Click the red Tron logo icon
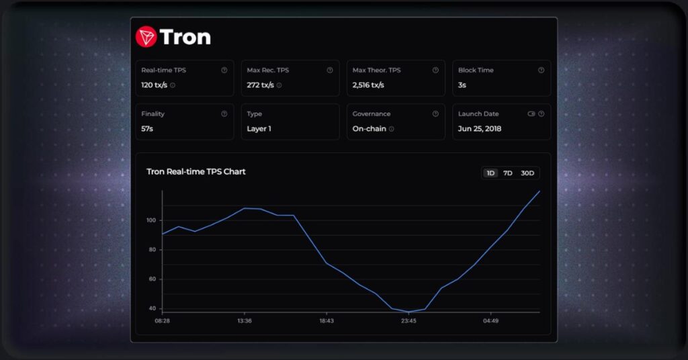tap(146, 37)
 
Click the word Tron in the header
tap(185, 37)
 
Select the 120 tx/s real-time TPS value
tap(155, 85)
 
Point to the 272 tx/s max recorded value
tap(261, 85)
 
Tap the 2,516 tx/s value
tap(368, 85)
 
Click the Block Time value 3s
tap(462, 85)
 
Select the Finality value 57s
tap(147, 128)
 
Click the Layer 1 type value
tap(259, 128)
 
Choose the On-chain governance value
tap(370, 128)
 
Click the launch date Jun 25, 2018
tap(480, 128)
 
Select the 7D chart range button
tap(508, 173)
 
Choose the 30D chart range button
tap(527, 173)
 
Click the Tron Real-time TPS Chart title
tap(196, 172)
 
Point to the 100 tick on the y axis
tap(150, 220)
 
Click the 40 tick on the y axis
tap(152, 308)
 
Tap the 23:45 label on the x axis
tap(408, 321)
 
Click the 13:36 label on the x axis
tap(245, 321)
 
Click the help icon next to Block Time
tap(541, 70)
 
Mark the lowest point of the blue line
tap(408, 312)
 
